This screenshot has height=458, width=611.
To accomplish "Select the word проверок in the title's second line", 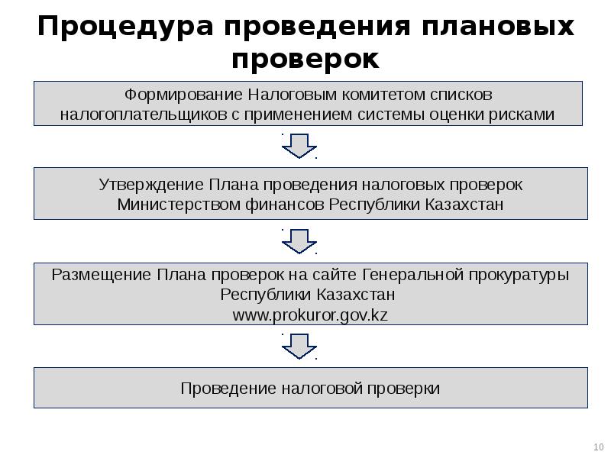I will [x=305, y=59].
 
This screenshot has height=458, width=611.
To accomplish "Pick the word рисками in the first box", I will [x=524, y=114].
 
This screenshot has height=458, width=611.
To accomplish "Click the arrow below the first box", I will [x=299, y=145].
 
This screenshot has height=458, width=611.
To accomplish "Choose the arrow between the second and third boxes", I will [x=299, y=240].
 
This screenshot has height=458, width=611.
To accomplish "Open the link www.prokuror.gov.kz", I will [x=310, y=314].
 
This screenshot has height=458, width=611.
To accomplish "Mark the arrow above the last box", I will [x=299, y=347].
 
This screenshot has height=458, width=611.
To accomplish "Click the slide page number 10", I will [x=597, y=447].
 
